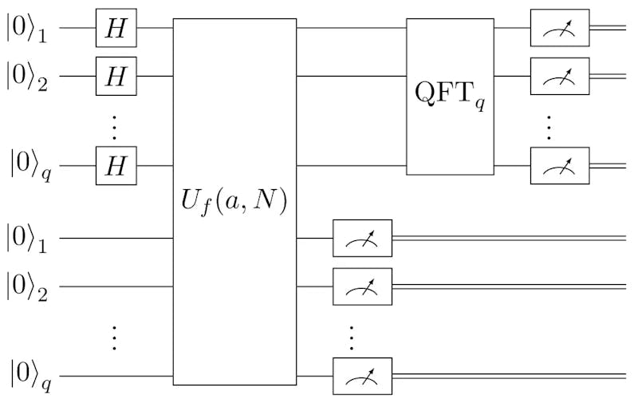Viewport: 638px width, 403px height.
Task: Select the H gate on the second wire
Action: coord(116,76)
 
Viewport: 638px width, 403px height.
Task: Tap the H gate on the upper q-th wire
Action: coord(116,166)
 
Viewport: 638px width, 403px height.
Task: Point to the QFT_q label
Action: coord(450,96)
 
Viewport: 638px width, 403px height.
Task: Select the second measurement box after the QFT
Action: coord(560,76)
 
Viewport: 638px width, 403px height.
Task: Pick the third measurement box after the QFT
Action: coord(560,166)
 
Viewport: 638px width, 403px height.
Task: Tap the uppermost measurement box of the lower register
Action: coord(362,238)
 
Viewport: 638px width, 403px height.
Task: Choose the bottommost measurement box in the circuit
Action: coord(362,376)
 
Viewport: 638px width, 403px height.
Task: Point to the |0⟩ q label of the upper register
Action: coord(29,168)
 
